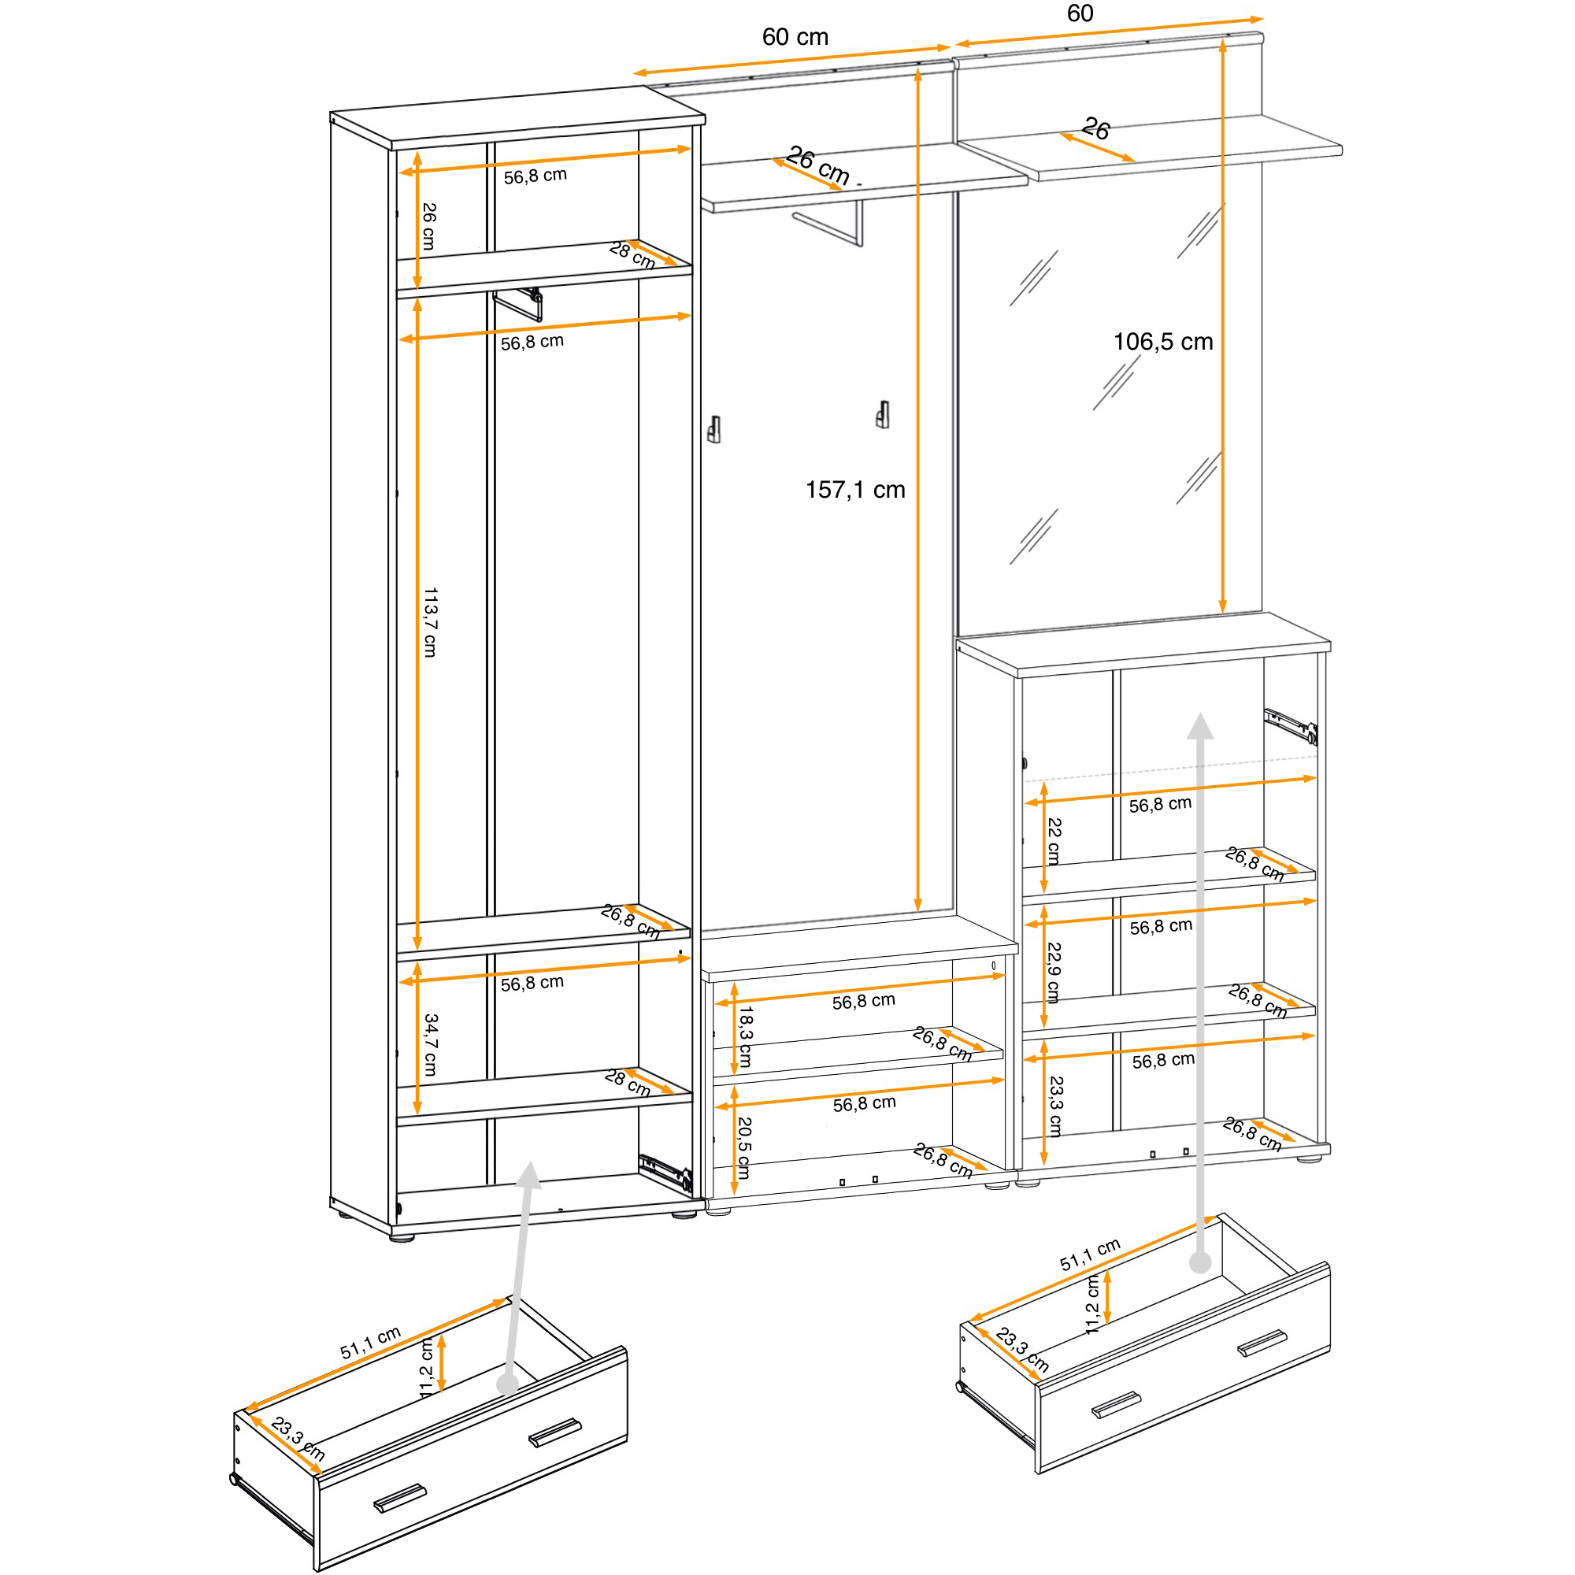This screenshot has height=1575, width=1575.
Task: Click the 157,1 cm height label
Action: [855, 490]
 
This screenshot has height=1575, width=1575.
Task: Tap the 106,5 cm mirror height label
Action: [1162, 342]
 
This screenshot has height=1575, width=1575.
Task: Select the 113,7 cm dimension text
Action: [431, 622]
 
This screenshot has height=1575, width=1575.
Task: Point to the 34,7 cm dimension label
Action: [431, 1045]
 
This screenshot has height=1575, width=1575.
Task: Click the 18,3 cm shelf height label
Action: [744, 1037]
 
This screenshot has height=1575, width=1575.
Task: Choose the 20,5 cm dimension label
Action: [743, 1148]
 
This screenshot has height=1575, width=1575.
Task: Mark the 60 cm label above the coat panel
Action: [795, 37]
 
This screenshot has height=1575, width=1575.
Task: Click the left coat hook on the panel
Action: [714, 429]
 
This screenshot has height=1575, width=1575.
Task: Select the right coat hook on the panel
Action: [882, 414]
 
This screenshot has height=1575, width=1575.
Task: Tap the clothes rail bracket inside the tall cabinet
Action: [519, 303]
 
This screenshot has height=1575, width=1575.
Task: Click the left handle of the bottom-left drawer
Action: [399, 1499]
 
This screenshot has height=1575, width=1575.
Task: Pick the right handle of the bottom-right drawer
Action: [1263, 1343]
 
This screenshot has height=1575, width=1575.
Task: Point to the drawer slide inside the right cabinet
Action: [1291, 725]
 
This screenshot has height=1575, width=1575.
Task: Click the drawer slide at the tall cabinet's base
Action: [665, 1173]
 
